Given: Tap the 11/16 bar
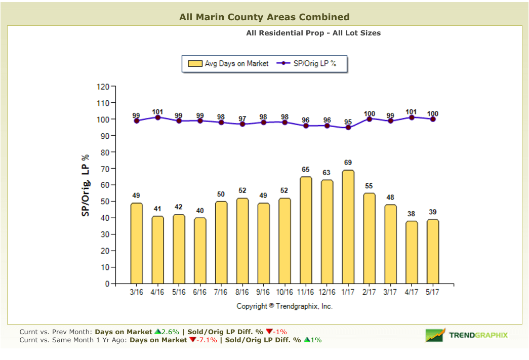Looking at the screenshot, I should [x=306, y=230].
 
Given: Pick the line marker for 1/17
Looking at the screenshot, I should [x=348, y=128].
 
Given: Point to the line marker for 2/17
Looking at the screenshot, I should [x=369, y=119].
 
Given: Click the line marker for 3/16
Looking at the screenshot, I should [x=137, y=121].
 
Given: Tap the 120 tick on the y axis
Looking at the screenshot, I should [x=102, y=87].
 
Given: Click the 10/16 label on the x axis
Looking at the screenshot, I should [x=284, y=292].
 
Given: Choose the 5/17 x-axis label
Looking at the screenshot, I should [x=432, y=292].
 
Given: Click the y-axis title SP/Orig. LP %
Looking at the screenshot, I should [x=86, y=185].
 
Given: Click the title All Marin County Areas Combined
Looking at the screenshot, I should [x=264, y=17].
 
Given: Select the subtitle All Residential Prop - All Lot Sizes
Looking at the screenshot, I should [x=313, y=33].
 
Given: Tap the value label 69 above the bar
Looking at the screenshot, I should [x=348, y=163].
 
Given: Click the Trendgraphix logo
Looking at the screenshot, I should [x=467, y=335].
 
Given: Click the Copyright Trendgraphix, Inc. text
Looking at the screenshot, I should [x=284, y=306].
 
